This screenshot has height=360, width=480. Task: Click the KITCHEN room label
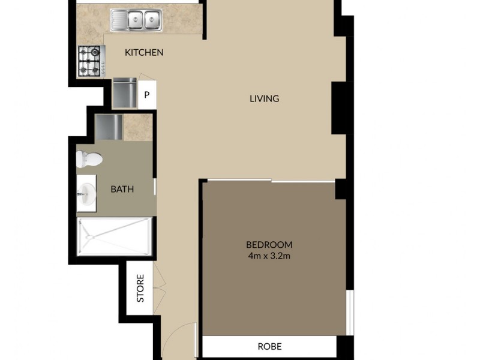pos(144,53)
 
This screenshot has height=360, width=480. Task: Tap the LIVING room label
pos(265,98)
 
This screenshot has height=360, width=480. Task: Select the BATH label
pos(122,190)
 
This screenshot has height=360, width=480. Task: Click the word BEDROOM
pos(269,244)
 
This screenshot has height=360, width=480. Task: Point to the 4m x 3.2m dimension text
pos(269,256)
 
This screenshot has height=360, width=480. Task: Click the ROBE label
pos(269,346)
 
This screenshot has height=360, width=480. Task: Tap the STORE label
pos(140,288)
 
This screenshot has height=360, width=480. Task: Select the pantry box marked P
pos(147,95)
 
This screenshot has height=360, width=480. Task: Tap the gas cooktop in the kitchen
pos(91,61)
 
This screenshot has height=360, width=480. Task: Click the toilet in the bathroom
pos(88,160)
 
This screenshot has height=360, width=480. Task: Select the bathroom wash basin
pos(86,193)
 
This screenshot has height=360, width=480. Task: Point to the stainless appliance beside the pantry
pos(125,92)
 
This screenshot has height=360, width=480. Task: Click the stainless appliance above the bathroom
pos(109,127)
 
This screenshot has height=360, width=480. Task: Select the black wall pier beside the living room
pos(340,107)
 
